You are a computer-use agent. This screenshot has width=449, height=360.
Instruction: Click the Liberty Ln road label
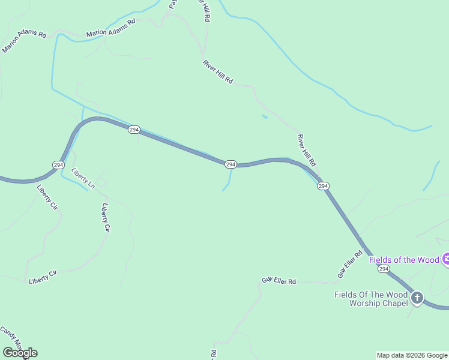click(83, 179)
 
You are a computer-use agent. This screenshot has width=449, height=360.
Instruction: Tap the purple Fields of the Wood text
click(404, 260)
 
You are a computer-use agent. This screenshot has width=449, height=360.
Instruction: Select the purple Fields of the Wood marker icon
click(446, 259)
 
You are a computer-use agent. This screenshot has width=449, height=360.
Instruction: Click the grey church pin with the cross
click(417, 297)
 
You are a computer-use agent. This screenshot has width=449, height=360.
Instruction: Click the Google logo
click(20, 353)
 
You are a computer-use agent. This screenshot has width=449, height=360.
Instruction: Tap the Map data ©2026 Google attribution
click(412, 355)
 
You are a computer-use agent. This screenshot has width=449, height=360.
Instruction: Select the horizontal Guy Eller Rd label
click(279, 281)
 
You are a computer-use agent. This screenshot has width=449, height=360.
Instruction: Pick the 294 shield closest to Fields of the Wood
click(384, 269)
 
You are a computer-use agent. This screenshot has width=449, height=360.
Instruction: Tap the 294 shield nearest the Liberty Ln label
click(58, 164)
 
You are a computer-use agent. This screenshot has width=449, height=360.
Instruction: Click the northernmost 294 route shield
click(134, 130)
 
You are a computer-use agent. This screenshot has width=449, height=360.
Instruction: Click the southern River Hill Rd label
click(306, 150)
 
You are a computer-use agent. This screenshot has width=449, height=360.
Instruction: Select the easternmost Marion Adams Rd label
click(111, 28)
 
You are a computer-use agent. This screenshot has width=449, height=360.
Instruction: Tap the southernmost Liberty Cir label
click(43, 277)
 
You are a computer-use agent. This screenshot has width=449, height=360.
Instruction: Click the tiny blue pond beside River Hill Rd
click(264, 116)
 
